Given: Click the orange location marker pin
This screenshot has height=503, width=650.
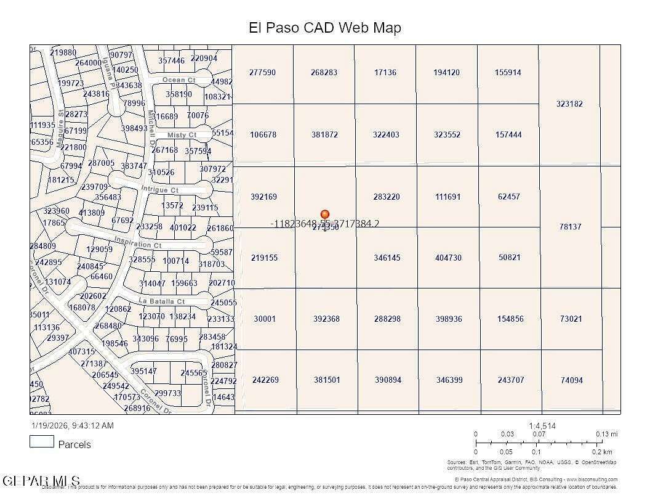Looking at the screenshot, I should tap(325, 215).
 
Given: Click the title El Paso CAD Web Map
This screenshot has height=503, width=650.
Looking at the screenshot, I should tap(324, 28).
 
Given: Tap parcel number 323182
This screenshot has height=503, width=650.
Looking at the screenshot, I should tap(569, 104).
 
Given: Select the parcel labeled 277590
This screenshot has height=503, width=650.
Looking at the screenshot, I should tap(262, 72).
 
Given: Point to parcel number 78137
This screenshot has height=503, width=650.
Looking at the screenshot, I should tap(570, 227).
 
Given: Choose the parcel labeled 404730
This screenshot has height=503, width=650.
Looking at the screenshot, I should tap(448, 258).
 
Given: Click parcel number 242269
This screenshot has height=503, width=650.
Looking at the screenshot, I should tap(265, 380).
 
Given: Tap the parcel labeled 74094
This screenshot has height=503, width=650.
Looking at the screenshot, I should tap(571, 380).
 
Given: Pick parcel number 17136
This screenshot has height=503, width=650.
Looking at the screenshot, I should tap(385, 72).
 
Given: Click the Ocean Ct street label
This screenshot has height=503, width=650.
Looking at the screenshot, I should tap(179, 80).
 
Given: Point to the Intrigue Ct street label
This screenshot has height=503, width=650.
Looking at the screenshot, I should tap(159, 190).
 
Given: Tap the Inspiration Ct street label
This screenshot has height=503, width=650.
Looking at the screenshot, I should tap(137, 244).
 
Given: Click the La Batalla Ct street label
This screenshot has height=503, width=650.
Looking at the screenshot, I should tap(162, 301).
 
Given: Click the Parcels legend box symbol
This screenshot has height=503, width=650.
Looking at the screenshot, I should tap(42, 441).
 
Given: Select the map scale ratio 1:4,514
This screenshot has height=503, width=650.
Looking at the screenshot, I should tap(542, 426).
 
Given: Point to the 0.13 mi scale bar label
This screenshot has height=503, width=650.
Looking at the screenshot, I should tap(606, 434).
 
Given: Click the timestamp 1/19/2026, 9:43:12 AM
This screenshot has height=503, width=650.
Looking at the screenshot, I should tap(73, 425).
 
